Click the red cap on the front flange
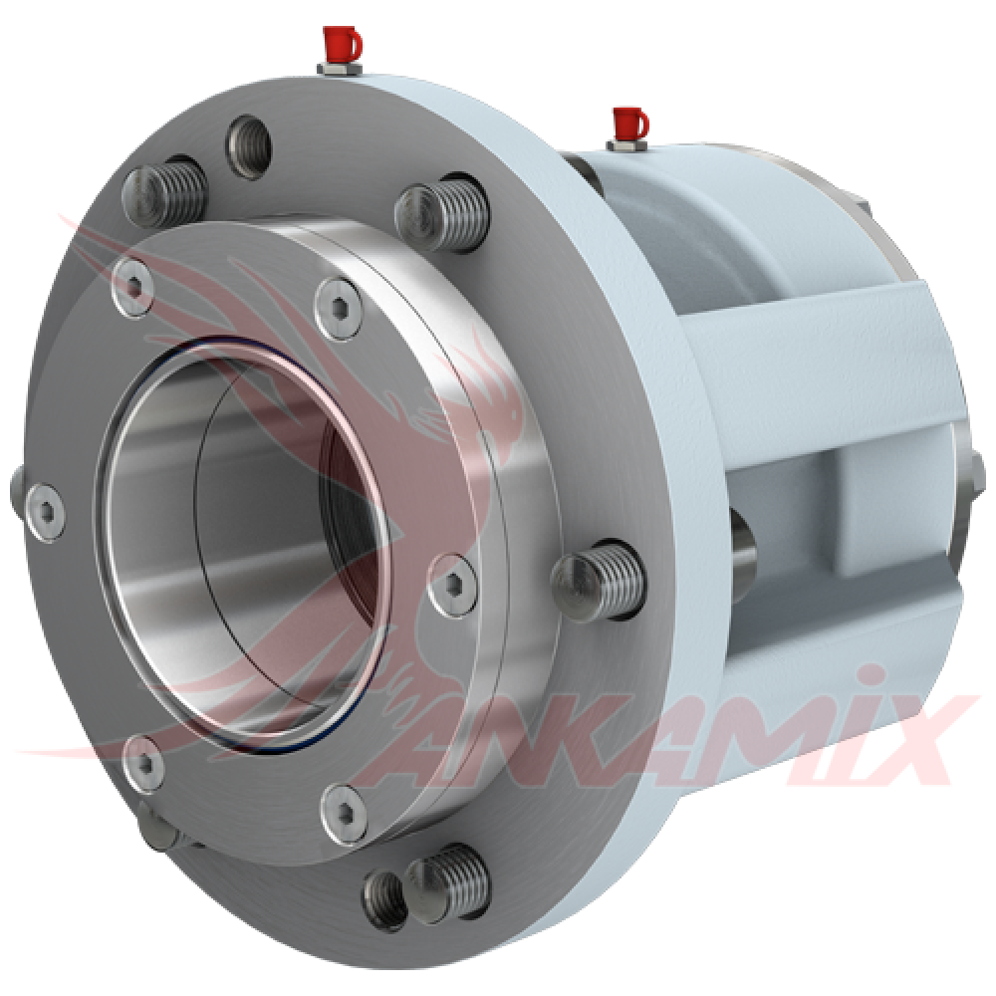pos(342,43)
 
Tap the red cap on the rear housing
pos(628,124)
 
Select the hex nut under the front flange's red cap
pos(340,68)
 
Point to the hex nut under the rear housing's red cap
pos(626,145)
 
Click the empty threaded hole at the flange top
pos(248,146)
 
